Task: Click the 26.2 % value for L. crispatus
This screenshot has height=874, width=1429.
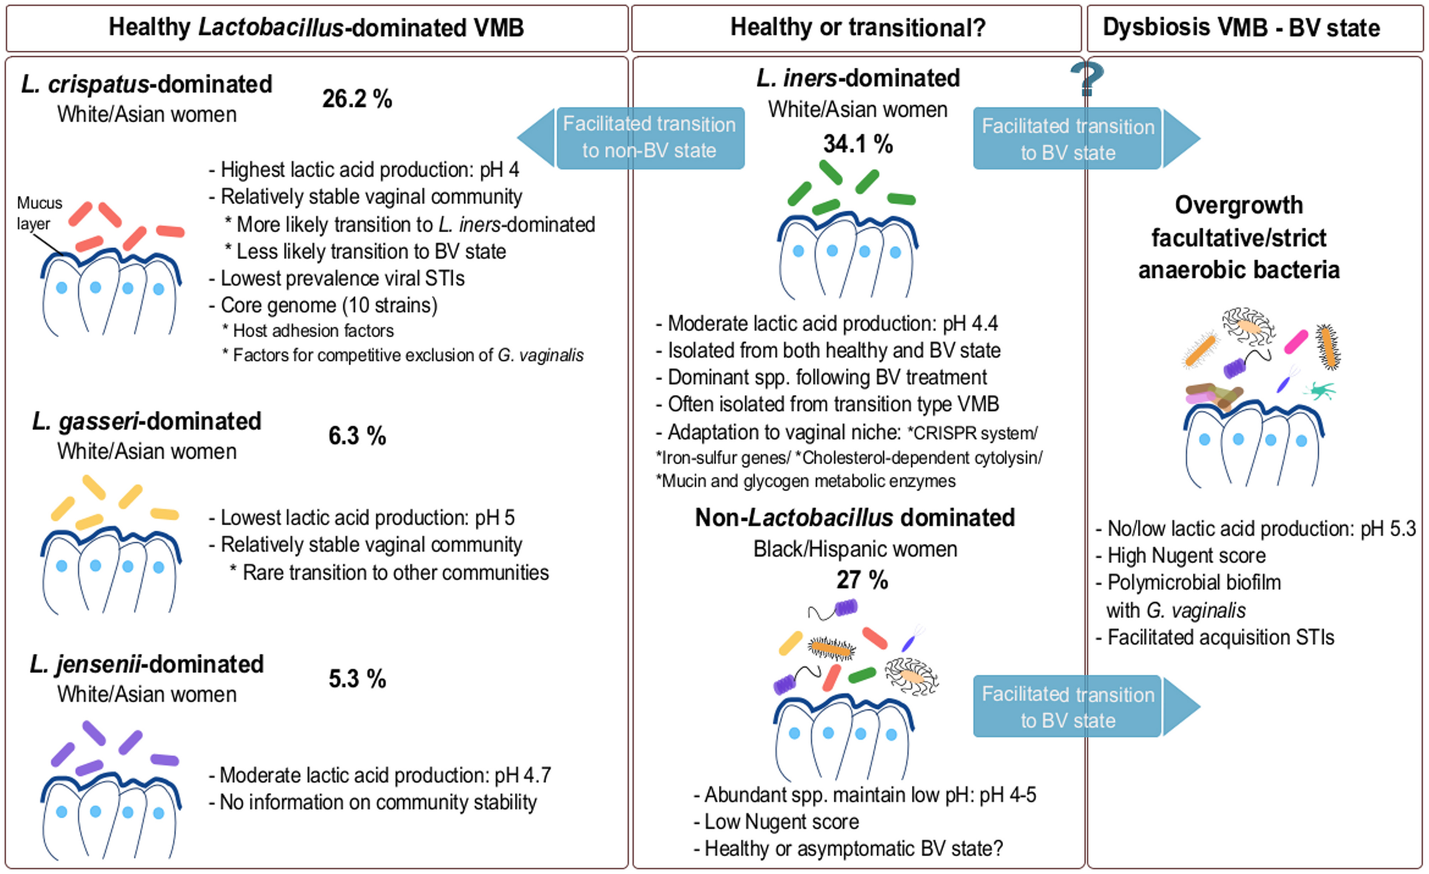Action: (357, 99)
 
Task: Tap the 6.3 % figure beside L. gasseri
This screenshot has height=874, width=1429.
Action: (357, 436)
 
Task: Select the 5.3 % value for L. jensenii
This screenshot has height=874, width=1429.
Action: (357, 679)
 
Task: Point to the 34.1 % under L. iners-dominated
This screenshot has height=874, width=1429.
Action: (858, 144)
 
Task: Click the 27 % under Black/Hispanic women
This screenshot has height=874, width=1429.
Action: (862, 580)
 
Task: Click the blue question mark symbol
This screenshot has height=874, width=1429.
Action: (1086, 79)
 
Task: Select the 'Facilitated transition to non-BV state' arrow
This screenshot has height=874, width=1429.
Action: (632, 138)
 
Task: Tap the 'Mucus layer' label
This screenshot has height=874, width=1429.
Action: (38, 213)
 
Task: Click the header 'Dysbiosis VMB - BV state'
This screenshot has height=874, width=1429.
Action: (1241, 28)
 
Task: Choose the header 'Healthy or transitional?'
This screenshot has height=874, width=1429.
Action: (857, 28)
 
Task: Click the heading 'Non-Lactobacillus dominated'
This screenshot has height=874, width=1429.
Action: (855, 518)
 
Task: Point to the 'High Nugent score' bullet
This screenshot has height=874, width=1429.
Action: (1186, 555)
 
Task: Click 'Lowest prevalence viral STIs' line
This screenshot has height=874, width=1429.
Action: (342, 278)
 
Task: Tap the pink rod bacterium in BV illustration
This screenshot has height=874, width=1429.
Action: (1296, 342)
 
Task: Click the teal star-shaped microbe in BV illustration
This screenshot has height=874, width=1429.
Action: (1320, 391)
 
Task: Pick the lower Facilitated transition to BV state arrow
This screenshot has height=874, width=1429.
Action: (1084, 707)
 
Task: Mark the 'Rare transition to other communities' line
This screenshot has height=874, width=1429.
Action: (394, 572)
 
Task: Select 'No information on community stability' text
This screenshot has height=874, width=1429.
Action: (378, 802)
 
